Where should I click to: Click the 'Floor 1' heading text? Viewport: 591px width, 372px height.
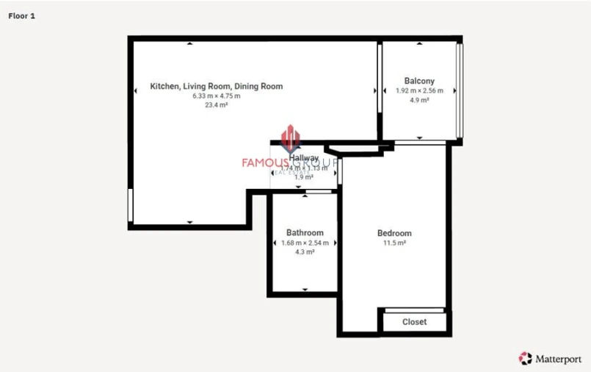[22, 15]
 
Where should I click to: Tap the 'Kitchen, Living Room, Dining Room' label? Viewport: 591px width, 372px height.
[216, 86]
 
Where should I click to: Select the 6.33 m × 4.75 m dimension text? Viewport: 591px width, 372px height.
[216, 96]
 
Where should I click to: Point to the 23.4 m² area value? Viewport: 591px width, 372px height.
[216, 104]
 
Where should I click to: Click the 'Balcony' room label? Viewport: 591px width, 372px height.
[419, 81]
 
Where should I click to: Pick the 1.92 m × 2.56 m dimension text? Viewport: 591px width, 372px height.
[419, 90]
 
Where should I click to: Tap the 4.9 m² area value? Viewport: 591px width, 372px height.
[419, 100]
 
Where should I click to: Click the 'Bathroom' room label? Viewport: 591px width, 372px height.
[305, 233]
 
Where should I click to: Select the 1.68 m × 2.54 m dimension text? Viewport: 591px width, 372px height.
[305, 243]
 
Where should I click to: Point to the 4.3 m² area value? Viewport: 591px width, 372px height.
[305, 251]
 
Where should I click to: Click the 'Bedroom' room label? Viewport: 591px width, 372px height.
[394, 233]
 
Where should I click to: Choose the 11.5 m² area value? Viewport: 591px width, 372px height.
[394, 243]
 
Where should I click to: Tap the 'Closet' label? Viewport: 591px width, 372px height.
[414, 322]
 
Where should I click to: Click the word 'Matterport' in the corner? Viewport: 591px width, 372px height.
[557, 359]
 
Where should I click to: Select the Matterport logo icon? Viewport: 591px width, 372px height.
[525, 358]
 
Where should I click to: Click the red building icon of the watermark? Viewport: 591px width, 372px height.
[291, 138]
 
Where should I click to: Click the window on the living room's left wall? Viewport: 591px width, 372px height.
[130, 204]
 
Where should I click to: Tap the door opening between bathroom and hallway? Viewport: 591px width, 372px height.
[318, 192]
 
